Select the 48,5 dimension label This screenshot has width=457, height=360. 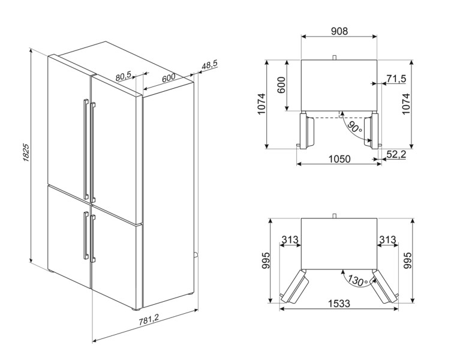209,66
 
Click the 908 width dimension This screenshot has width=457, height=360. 339,31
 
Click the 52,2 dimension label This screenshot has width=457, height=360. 396,155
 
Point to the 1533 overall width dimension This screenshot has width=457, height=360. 339,304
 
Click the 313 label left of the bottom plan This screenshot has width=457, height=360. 290,240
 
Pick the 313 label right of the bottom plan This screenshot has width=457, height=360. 387,240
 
